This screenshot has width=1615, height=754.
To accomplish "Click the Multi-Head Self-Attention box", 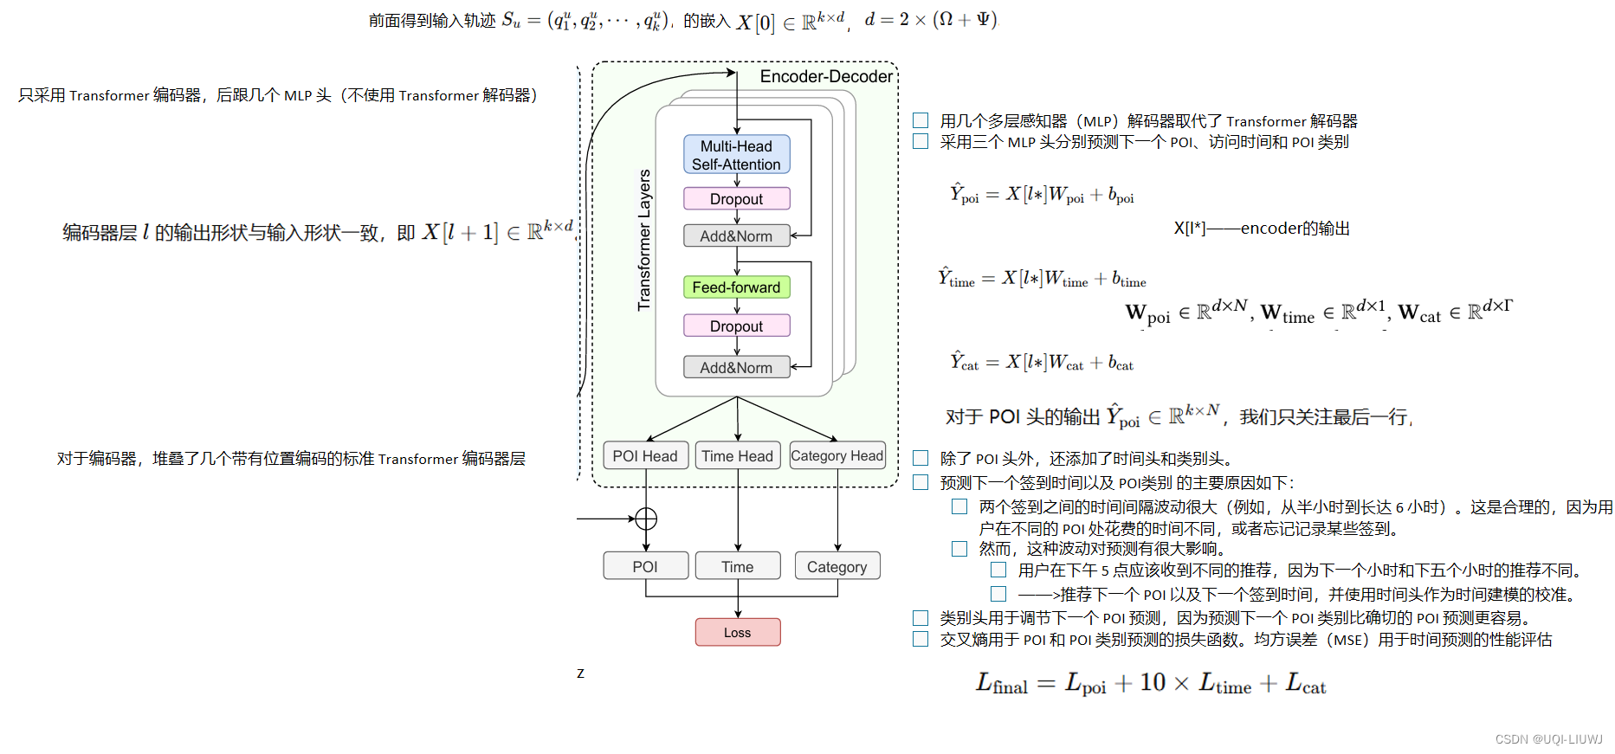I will (736, 155).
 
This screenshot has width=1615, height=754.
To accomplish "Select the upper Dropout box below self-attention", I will (736, 199).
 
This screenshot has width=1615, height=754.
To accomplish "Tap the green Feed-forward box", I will (736, 287).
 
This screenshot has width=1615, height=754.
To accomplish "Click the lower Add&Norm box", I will (736, 368).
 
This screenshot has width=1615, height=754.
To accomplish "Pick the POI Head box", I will (645, 456).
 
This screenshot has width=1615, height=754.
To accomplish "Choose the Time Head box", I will (737, 456).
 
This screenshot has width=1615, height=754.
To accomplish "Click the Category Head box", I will (837, 456).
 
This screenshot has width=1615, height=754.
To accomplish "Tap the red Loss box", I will (737, 633).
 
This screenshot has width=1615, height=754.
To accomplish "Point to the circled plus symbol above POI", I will (646, 519).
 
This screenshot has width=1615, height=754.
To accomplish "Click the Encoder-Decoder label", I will (825, 77).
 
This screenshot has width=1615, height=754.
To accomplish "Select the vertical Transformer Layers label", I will (644, 240).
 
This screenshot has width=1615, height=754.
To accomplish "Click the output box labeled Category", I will (837, 567).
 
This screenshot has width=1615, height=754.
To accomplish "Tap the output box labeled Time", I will (737, 567).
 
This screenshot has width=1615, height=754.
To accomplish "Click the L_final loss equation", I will (1150, 684).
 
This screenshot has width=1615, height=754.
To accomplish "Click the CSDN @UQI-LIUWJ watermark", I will (1548, 739).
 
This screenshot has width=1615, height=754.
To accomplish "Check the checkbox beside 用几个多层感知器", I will (921, 120).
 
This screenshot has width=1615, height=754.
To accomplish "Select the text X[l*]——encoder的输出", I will (1261, 229).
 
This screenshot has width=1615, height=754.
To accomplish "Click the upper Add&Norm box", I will (736, 236).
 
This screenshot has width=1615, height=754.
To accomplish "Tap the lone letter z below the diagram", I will (580, 673).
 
